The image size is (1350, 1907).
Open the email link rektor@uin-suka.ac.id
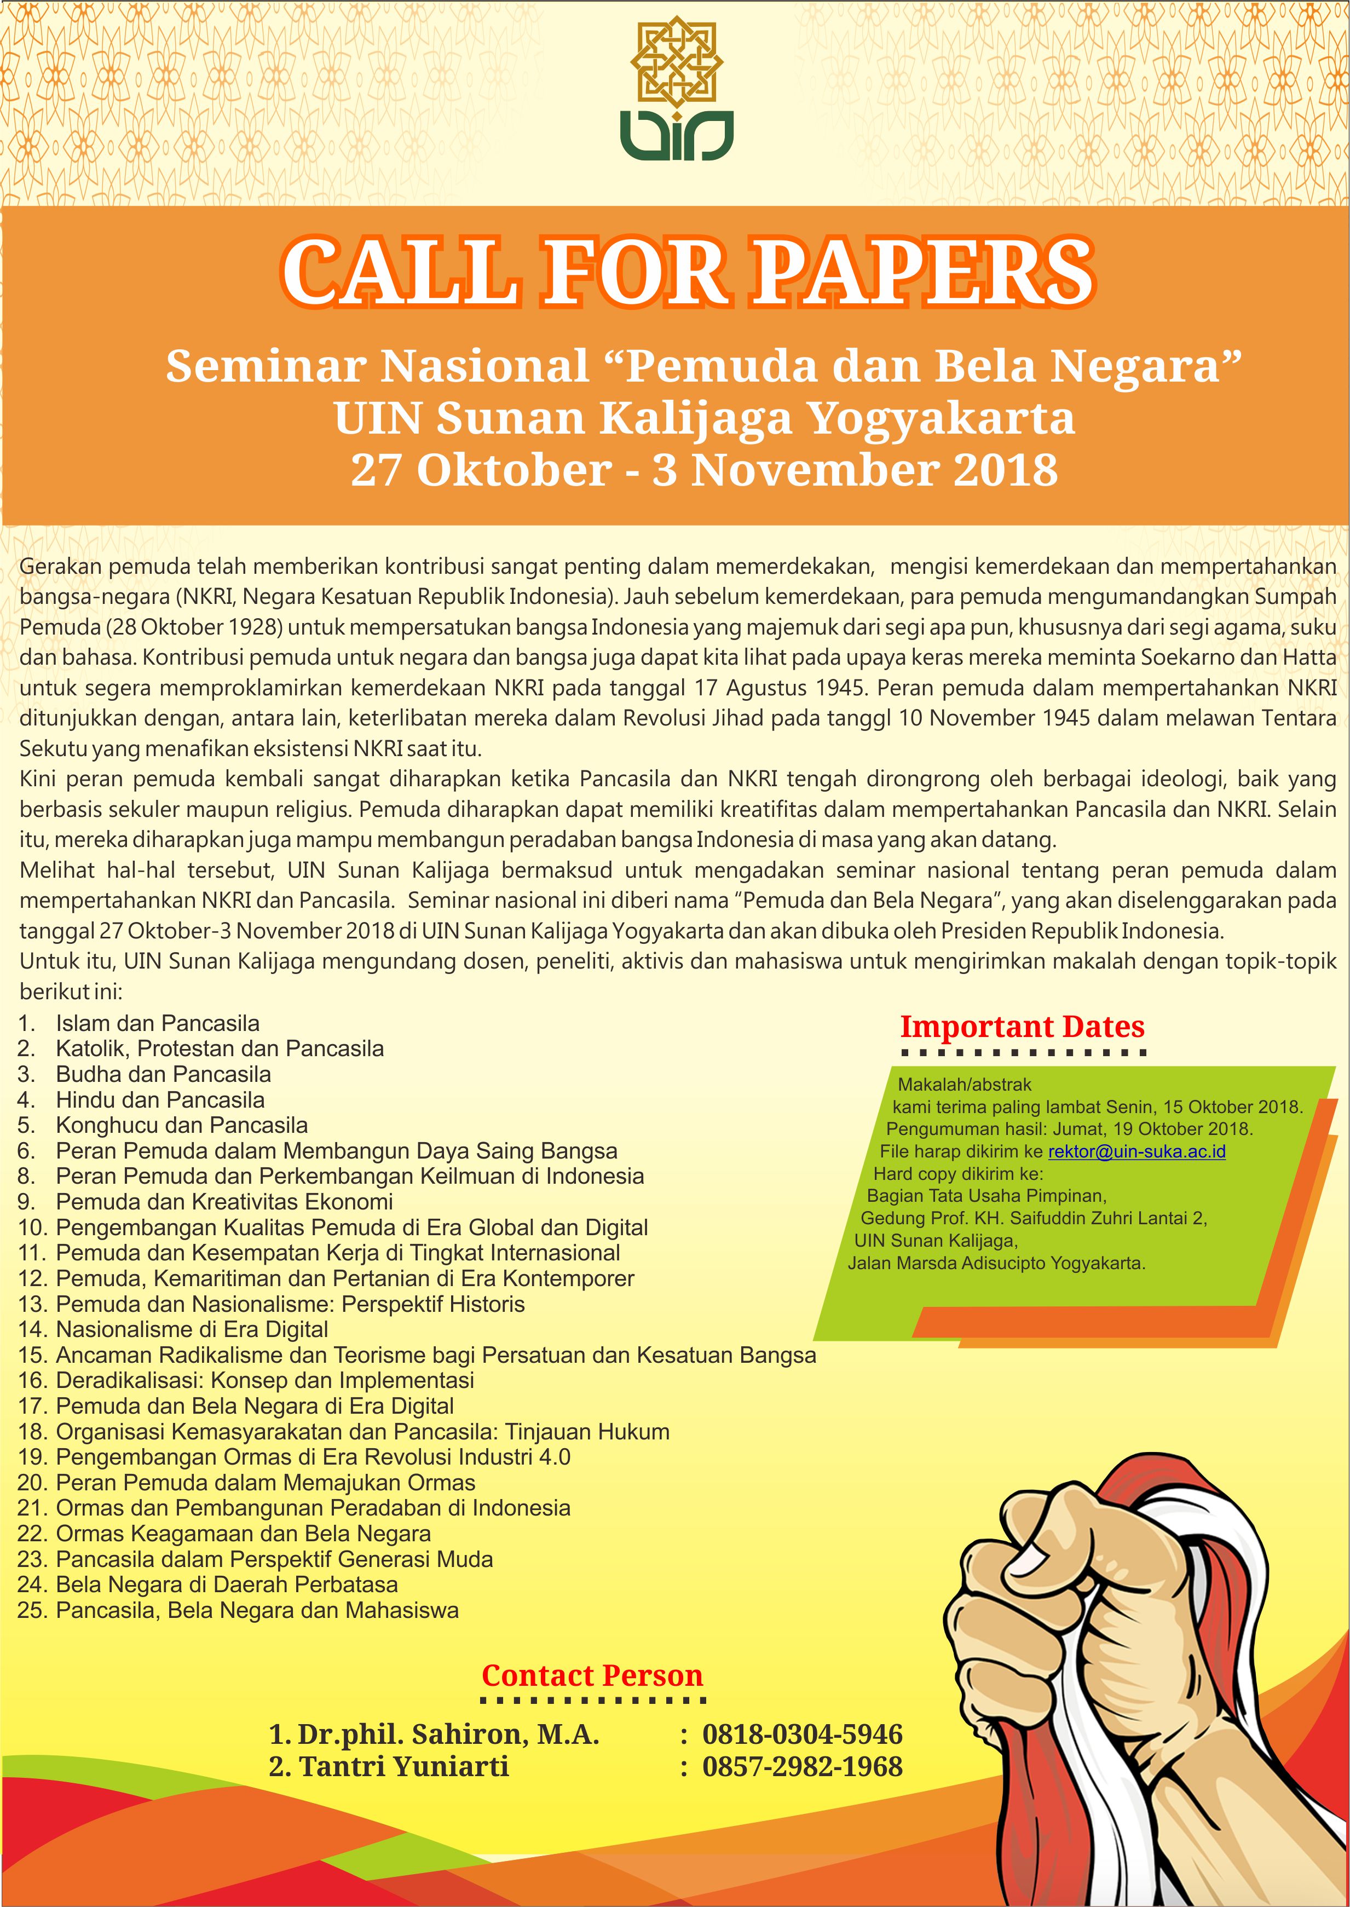click(x=1136, y=1151)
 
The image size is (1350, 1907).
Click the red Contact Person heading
click(x=592, y=1675)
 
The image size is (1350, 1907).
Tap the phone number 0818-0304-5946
click(x=802, y=1735)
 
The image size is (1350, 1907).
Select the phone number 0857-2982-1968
click(x=802, y=1766)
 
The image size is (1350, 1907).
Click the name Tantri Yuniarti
click(x=403, y=1766)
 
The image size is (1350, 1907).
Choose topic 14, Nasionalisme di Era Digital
click(x=191, y=1329)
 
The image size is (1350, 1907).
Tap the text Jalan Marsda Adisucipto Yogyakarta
click(x=996, y=1264)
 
